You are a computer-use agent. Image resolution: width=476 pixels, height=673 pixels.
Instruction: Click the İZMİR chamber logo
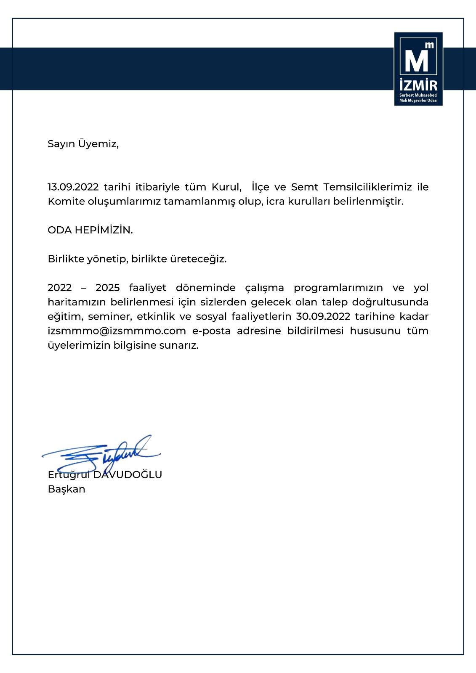pyautogui.click(x=418, y=69)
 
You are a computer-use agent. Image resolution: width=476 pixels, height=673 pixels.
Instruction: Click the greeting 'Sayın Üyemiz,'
pyautogui.click(x=83, y=144)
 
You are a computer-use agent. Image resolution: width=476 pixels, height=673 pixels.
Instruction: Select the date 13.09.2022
pyautogui.click(x=73, y=187)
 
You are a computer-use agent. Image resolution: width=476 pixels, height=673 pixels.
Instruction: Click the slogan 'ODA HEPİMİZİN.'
pyautogui.click(x=90, y=230)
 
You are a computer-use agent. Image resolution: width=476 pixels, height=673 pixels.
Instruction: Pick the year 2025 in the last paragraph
pyautogui.click(x=108, y=288)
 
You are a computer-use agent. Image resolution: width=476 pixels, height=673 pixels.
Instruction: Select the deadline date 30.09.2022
pyautogui.click(x=323, y=316)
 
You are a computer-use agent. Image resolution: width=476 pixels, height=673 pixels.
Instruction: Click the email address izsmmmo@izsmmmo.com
pyautogui.click(x=117, y=331)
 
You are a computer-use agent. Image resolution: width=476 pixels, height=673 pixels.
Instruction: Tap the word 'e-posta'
pyautogui.click(x=211, y=331)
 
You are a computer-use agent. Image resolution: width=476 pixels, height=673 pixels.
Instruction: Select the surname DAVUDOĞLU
pyautogui.click(x=128, y=475)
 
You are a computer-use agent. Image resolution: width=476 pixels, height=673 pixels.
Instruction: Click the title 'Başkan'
pyautogui.click(x=66, y=489)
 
